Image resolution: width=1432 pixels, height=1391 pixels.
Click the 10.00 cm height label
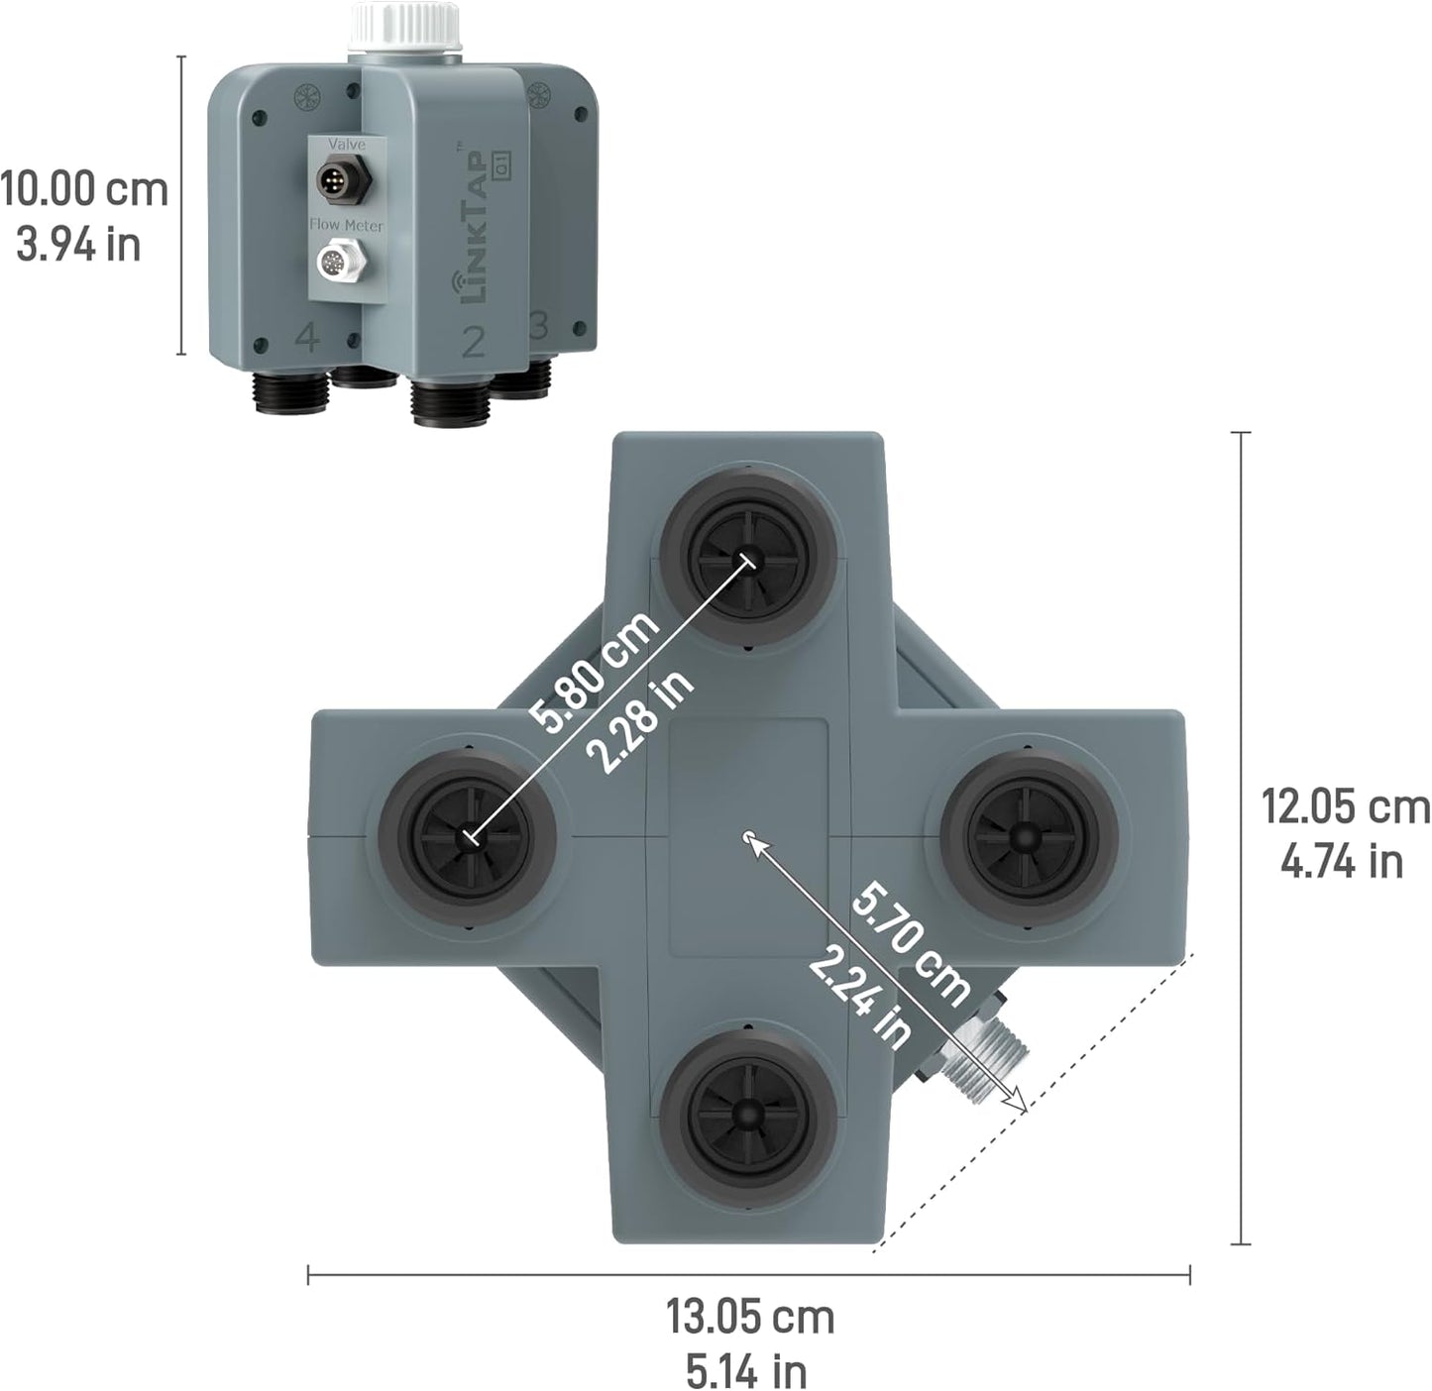tap(83, 188)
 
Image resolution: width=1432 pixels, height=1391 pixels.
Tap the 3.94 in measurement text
tap(79, 245)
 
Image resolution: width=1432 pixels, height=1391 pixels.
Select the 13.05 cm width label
tap(750, 1318)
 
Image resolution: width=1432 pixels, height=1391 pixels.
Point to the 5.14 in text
tap(746, 1372)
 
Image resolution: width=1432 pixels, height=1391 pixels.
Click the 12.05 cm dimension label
tap(1345, 806)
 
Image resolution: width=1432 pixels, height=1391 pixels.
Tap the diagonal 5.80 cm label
tap(593, 671)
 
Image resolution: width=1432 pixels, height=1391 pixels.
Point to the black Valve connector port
tap(343, 179)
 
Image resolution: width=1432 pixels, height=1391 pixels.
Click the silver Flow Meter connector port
tap(342, 264)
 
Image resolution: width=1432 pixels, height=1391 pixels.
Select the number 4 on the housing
tap(308, 338)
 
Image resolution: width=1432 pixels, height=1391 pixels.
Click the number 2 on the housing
tap(474, 342)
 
